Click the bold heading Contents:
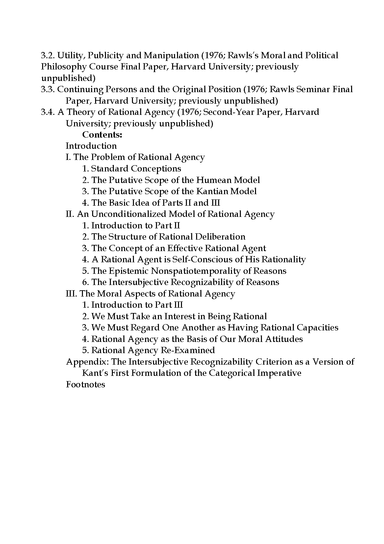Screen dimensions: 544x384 pyautogui.click(x=102, y=135)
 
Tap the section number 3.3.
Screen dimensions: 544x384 pyautogui.click(x=48, y=89)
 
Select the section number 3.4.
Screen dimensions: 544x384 pyautogui.click(x=48, y=112)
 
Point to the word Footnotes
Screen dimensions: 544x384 pyautogui.click(x=86, y=384)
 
